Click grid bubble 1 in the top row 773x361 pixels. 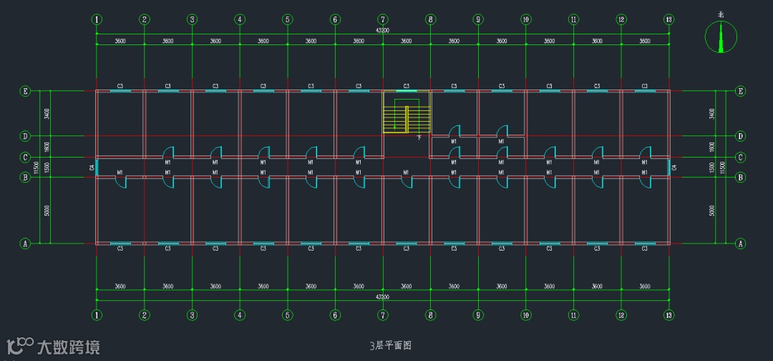(x=97, y=19)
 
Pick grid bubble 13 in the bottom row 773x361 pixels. (x=669, y=314)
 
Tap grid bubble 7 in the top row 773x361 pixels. (x=383, y=19)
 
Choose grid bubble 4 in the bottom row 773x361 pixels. (x=240, y=314)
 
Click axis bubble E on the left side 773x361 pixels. (x=25, y=91)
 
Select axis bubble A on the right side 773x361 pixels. (x=740, y=244)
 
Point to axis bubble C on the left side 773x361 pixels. (x=25, y=158)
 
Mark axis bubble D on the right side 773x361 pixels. (x=740, y=136)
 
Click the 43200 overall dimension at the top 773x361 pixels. (x=383, y=31)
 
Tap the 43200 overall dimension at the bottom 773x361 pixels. (x=383, y=295)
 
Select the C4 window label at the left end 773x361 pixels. (x=92, y=168)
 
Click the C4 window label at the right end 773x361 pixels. (x=674, y=168)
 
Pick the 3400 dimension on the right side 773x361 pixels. (x=711, y=113)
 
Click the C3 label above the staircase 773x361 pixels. (x=406, y=86)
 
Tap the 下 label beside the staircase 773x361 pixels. (x=419, y=136)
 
